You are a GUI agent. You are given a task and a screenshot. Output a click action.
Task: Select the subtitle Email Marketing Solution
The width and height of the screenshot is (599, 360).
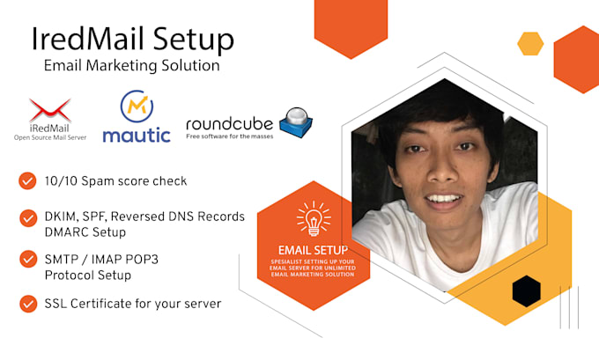[x=131, y=66]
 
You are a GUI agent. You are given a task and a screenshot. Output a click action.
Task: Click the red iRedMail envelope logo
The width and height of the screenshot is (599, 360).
[x=49, y=110]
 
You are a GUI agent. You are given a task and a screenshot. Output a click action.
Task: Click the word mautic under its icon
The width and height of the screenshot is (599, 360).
[x=136, y=136]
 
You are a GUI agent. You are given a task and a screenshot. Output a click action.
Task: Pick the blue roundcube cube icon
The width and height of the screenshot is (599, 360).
[x=295, y=124]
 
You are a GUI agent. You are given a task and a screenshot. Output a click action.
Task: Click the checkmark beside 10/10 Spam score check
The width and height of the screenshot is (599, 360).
[x=27, y=181]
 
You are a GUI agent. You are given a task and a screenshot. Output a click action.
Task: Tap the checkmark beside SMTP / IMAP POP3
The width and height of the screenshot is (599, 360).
[x=27, y=261]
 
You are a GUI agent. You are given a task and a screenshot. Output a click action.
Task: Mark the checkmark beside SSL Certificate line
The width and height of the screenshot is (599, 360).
[x=27, y=304]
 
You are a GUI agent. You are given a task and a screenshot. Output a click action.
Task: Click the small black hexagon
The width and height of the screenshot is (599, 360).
[x=526, y=290]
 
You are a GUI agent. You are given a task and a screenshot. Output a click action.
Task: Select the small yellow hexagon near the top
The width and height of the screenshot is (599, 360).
[x=530, y=43]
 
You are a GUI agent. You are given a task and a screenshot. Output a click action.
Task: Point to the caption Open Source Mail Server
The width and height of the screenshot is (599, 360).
[x=49, y=137]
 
